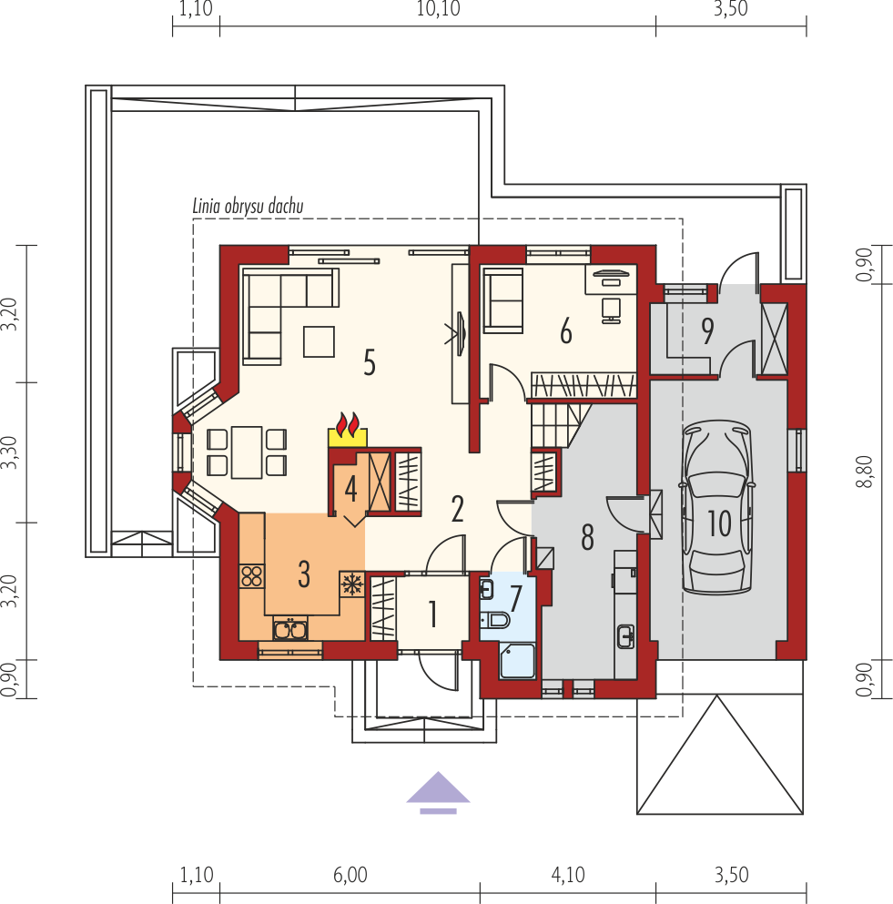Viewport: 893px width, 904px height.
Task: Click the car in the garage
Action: click(717, 507)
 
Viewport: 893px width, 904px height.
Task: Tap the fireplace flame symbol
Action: click(348, 425)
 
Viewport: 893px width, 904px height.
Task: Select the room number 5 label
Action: click(370, 362)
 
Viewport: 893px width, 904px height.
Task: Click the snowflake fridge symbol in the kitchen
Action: click(351, 584)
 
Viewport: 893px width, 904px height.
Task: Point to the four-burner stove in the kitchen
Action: click(252, 576)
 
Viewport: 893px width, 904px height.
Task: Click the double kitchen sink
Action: click(290, 628)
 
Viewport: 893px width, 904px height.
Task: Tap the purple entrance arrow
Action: click(438, 792)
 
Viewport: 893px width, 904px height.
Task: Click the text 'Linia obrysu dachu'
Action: click(248, 206)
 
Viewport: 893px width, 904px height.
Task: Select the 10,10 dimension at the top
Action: click(438, 8)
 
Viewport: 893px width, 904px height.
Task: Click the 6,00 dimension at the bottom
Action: click(350, 875)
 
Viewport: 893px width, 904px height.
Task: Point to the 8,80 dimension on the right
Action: click(865, 472)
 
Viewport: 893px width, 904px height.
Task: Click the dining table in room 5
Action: click(247, 452)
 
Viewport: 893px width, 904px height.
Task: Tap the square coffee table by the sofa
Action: click(319, 341)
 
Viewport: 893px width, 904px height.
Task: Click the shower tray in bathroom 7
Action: click(518, 661)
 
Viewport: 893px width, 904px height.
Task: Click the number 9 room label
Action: click(707, 330)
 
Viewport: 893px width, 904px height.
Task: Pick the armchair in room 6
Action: click(503, 300)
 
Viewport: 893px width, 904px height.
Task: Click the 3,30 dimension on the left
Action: click(8, 452)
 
